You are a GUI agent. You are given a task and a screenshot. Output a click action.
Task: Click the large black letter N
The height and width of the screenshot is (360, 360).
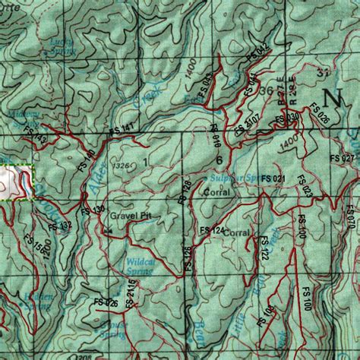332,98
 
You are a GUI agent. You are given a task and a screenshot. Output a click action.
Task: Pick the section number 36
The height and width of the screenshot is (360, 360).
266,91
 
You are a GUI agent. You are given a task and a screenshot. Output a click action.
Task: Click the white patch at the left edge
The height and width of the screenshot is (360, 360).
14,181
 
